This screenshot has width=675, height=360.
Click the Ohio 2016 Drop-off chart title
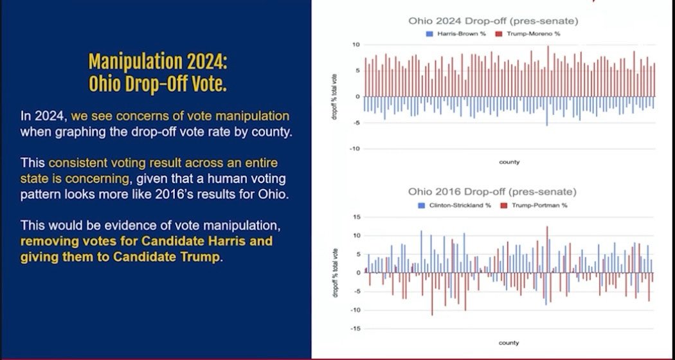492,192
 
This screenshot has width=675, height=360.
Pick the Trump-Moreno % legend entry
523,33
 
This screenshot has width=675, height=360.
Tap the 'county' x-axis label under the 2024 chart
509,162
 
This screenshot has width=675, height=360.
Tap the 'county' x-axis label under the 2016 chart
509,342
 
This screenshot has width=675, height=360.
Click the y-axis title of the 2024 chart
333,97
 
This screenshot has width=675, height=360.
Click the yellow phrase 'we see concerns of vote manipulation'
180,116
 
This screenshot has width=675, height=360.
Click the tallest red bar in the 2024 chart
548,71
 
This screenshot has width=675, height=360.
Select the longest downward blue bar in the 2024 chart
547,111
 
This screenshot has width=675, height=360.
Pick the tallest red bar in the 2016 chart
547,249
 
